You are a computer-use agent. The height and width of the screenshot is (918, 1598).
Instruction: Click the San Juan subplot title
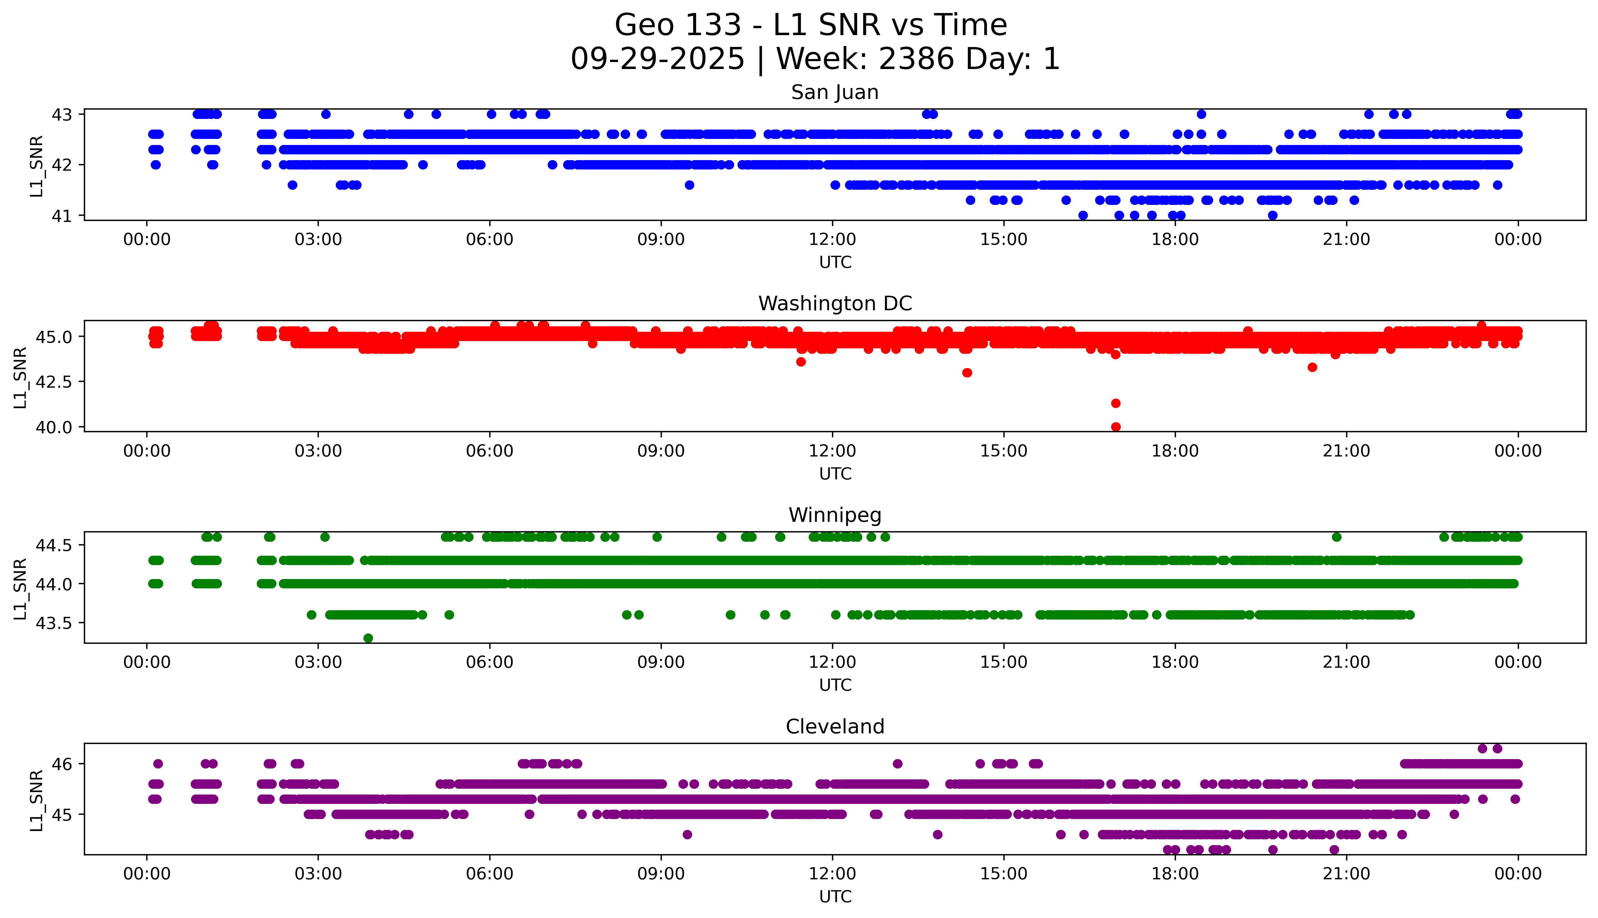834,93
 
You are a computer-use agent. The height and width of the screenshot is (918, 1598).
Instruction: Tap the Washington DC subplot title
834,304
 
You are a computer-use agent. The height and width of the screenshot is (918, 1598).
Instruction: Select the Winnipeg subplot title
834,515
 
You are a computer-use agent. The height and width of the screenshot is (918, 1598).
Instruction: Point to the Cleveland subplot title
834,727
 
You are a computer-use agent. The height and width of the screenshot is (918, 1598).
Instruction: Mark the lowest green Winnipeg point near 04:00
368,638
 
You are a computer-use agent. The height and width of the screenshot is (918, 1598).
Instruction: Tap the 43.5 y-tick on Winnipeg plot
55,623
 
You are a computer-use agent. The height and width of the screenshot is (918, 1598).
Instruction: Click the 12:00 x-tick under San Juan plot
832,240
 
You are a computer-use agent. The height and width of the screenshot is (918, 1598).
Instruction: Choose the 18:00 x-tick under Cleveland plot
1175,874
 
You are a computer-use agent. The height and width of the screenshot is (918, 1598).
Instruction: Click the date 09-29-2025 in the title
657,59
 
